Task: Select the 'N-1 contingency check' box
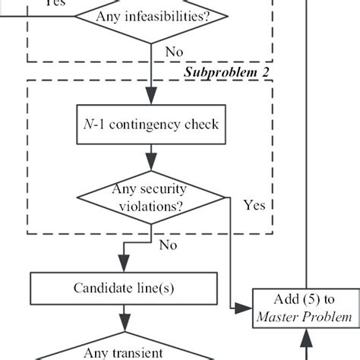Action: click(x=149, y=123)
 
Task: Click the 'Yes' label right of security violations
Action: click(x=254, y=205)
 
